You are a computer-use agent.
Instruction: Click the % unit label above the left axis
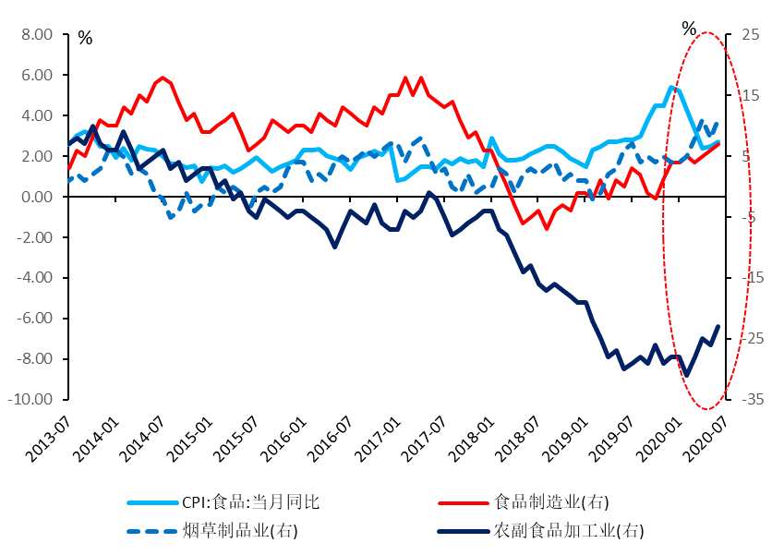(x=85, y=39)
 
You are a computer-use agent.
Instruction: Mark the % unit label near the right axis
(x=689, y=29)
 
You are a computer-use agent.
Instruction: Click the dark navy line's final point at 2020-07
(x=718, y=326)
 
